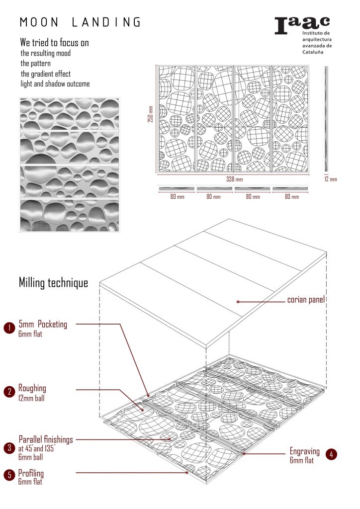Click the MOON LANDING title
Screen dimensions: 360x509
point(80,22)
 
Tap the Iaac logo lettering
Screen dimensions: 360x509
point(302,25)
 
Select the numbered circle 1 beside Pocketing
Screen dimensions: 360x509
point(9,328)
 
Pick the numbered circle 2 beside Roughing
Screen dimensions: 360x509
point(9,392)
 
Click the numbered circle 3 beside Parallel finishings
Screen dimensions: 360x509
point(9,448)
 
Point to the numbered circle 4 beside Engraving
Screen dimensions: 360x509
point(331,454)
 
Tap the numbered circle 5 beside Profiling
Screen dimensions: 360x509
point(9,475)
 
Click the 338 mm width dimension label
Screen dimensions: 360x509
point(234,179)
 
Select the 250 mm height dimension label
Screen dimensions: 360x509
point(150,114)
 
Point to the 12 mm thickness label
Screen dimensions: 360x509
point(331,179)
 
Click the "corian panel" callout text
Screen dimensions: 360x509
point(306,300)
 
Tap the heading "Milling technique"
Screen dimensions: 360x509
point(53,283)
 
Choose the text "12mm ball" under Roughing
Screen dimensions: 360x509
point(31,398)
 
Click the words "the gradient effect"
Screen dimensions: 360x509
point(45,74)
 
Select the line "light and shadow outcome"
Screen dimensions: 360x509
point(55,84)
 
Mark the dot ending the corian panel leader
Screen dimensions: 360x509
point(238,302)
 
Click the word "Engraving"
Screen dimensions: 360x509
point(304,451)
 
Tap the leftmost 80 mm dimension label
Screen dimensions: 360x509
point(177,197)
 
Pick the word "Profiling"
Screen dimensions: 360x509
point(31,473)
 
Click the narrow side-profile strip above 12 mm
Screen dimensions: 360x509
point(326,119)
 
